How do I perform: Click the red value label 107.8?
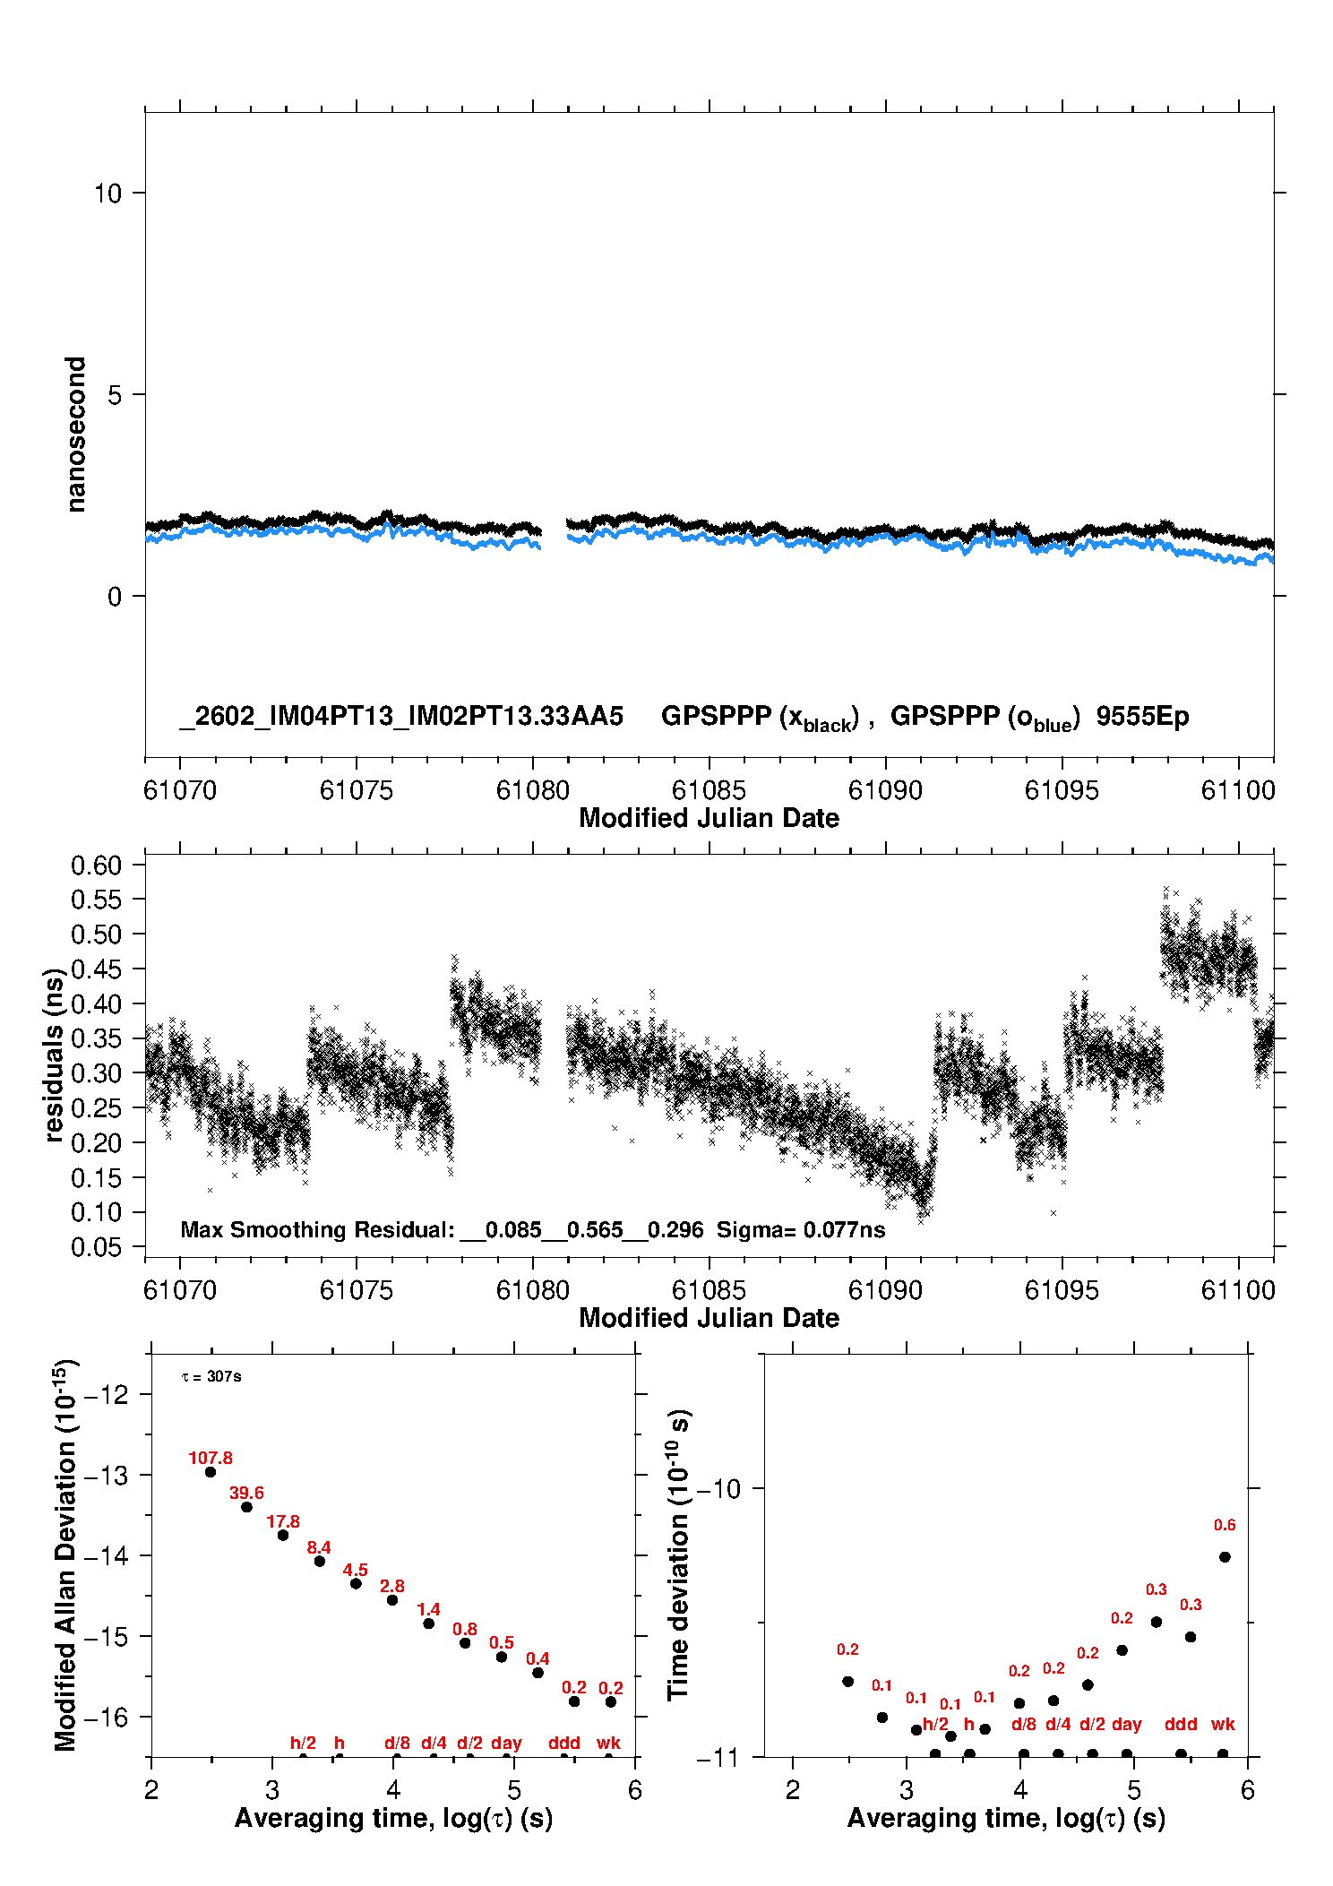(210, 1458)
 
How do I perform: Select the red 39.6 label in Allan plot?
(246, 1493)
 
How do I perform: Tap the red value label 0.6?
(1224, 1525)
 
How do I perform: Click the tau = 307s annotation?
(211, 1377)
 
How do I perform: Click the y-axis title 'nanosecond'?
(76, 435)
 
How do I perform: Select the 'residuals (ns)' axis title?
(54, 1055)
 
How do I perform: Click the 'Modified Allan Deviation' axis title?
(65, 1555)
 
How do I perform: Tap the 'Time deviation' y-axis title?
(679, 1555)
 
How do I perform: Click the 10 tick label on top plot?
(107, 194)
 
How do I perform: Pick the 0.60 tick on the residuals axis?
(96, 865)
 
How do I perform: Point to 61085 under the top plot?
(708, 791)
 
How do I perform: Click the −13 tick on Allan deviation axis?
(106, 1476)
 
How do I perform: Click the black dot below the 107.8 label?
(211, 1472)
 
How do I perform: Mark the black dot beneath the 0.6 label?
(1225, 1557)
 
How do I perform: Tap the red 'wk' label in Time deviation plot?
(1223, 1724)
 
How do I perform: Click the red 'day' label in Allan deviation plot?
(506, 1743)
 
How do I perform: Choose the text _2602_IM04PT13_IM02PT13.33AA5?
(400, 717)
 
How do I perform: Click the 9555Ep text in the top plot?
(1142, 717)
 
